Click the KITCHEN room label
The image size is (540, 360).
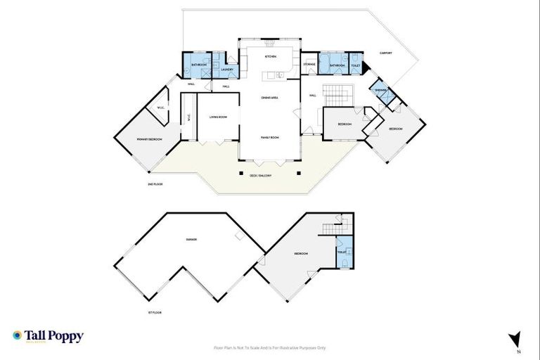click(270, 56)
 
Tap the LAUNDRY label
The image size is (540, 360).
click(226, 70)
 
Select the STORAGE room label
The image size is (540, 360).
click(309, 65)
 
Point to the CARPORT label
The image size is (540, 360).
click(386, 53)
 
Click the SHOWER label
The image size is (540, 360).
click(380, 91)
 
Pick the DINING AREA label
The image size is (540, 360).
click(270, 97)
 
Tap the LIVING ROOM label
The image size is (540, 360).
click(217, 117)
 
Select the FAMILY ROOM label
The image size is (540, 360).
click(270, 138)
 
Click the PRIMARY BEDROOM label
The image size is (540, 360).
click(149, 140)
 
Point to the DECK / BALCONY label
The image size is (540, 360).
click(261, 175)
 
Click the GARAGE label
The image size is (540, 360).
click(191, 240)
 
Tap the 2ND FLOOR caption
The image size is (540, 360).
click(155, 184)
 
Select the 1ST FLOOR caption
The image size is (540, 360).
click(155, 311)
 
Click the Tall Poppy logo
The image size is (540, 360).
click(49, 336)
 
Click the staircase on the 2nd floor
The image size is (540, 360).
click(341, 93)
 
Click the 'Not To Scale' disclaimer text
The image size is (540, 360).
click(270, 347)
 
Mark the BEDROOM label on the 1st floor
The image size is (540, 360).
click(301, 254)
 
